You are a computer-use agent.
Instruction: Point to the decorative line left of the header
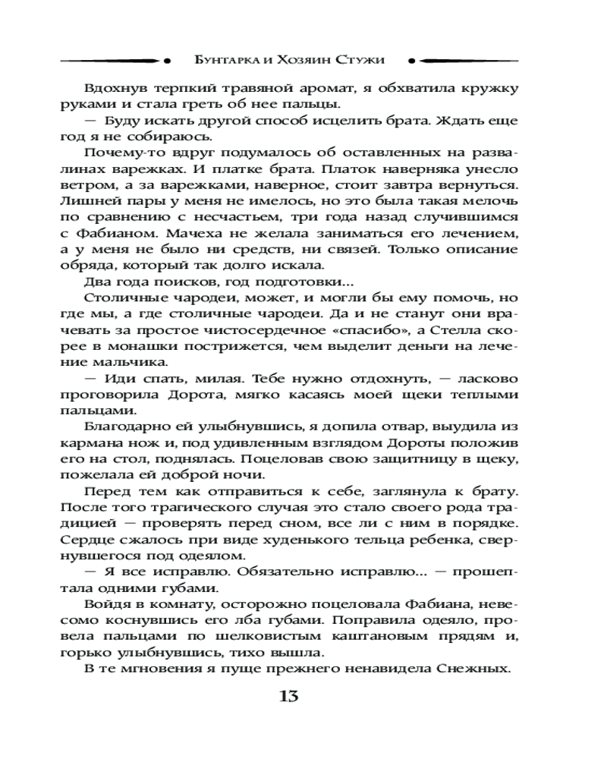tap(114, 58)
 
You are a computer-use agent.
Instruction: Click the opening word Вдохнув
tap(115, 88)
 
